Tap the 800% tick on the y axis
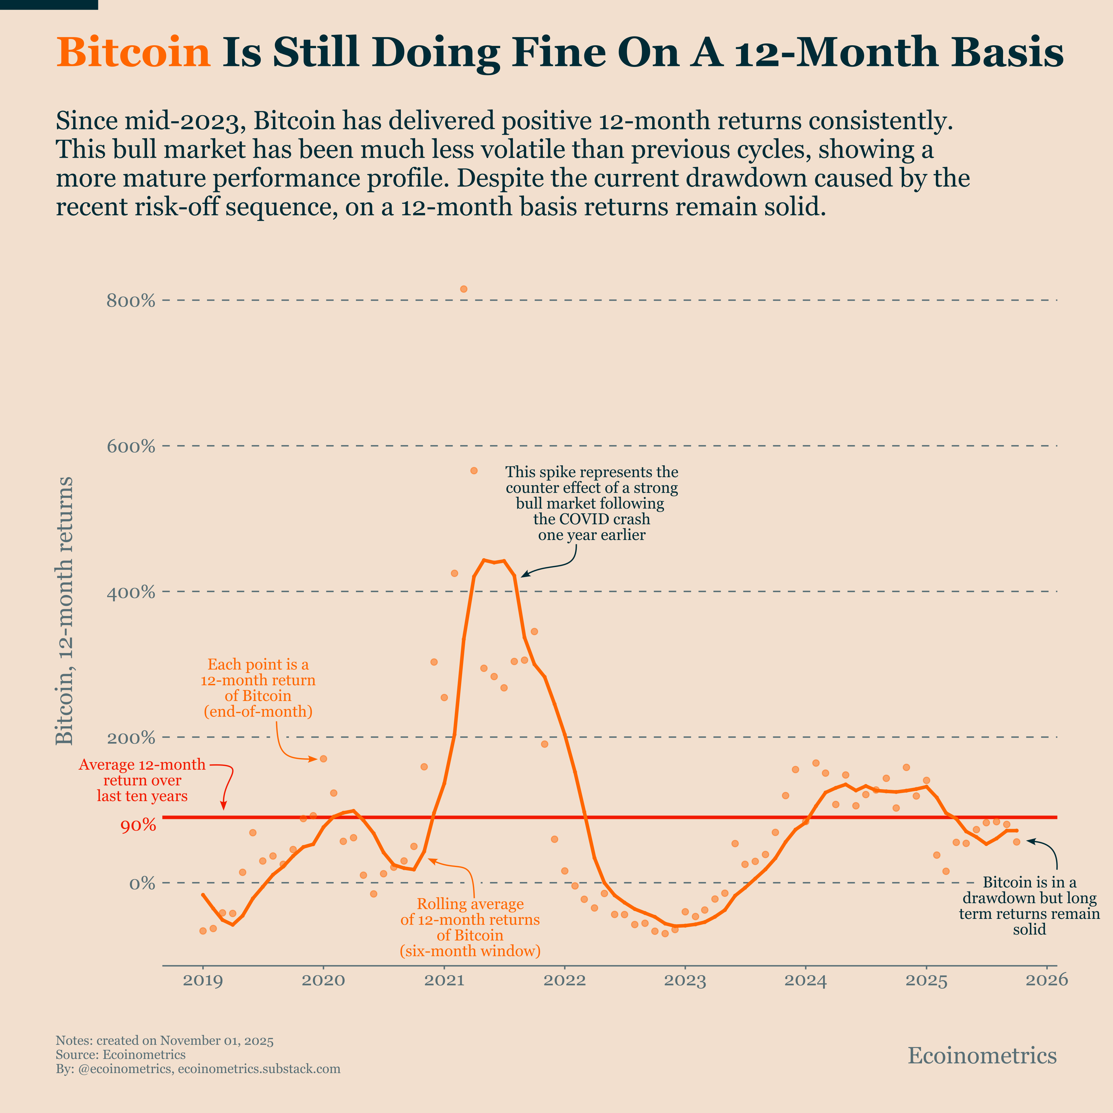131,301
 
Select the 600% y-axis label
131,446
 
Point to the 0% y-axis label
142,883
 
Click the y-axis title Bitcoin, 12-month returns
64,611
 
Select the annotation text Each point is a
258,664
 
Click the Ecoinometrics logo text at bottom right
982,1056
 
